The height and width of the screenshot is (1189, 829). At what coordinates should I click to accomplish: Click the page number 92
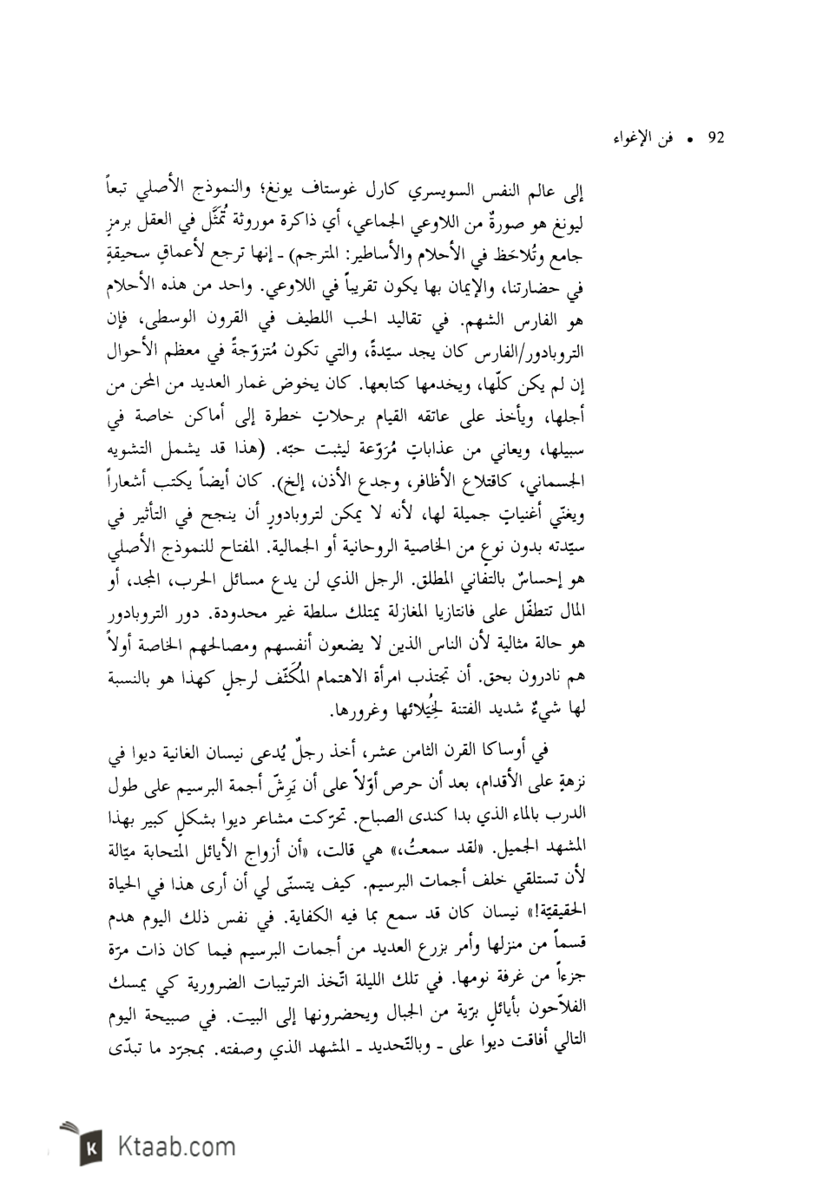point(716,138)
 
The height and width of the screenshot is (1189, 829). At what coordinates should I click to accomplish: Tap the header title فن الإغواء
point(660,139)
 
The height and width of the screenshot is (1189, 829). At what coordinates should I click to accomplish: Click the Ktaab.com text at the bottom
point(173,1147)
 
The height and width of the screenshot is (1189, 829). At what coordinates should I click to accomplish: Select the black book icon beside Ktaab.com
point(90,1147)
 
